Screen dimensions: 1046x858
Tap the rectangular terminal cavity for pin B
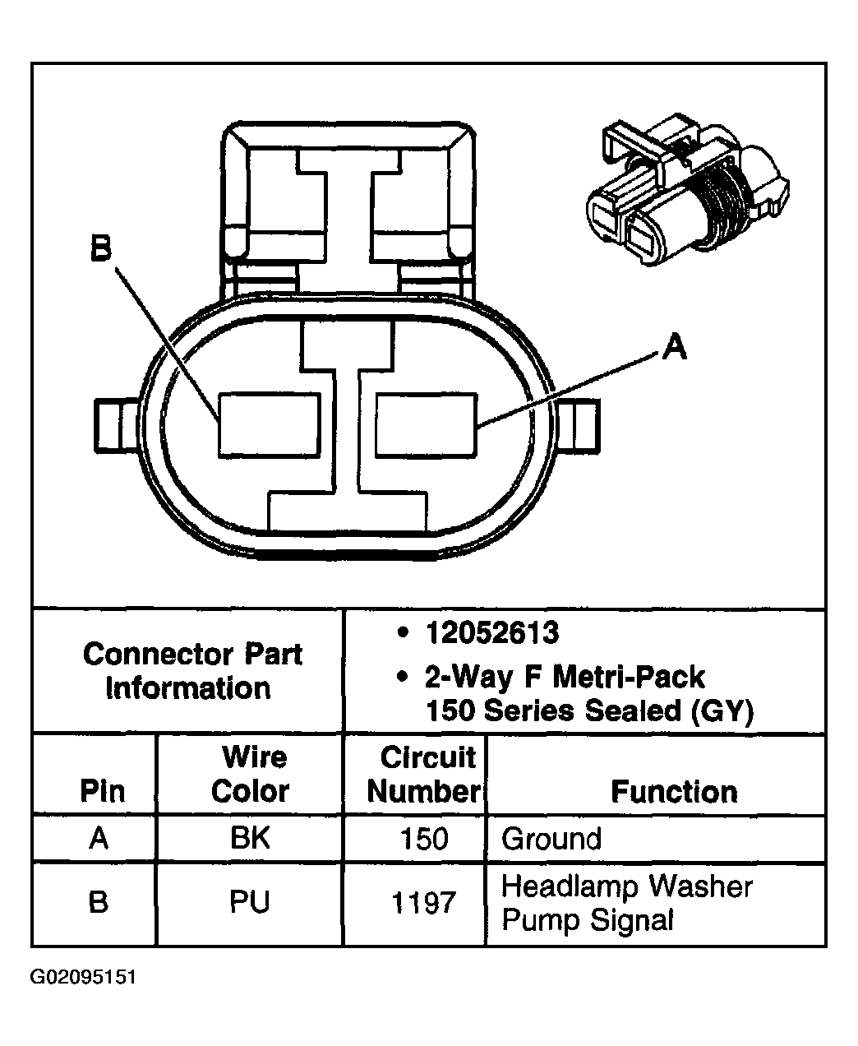[269, 425]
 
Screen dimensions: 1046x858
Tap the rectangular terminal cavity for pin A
[426, 425]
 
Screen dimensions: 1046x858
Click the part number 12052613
[491, 633]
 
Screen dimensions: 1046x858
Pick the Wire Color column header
[250, 774]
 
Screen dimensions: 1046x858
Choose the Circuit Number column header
[424, 774]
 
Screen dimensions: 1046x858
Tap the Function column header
[674, 791]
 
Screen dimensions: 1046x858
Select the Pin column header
[102, 791]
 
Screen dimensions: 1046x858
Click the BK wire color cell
[250, 838]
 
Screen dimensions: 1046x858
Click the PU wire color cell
[250, 902]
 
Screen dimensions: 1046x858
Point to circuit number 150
[424, 839]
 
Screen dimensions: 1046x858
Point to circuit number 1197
[424, 903]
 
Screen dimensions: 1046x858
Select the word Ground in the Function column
[551, 839]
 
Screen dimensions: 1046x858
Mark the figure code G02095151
[84, 978]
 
